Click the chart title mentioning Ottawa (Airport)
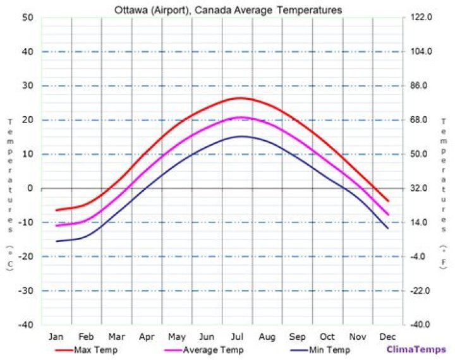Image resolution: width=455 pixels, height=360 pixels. [x=228, y=10]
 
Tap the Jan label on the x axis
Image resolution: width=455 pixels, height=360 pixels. [x=56, y=336]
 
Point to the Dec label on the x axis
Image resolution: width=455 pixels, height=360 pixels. [x=387, y=336]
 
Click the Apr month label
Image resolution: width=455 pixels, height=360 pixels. [x=147, y=336]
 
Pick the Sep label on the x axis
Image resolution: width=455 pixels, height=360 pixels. [x=297, y=336]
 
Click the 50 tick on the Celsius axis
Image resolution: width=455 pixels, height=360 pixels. [x=27, y=18]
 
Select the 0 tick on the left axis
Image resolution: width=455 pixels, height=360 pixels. [x=29, y=188]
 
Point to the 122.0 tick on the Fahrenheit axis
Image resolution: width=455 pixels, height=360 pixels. [x=422, y=18]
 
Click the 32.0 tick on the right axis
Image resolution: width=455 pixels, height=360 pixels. [x=422, y=188]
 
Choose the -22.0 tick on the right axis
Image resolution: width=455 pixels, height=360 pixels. [x=422, y=291]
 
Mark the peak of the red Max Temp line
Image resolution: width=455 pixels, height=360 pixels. [x=241, y=98]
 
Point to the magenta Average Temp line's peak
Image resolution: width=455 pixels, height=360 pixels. [x=241, y=117]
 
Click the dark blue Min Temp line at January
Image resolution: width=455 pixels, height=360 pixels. [x=56, y=241]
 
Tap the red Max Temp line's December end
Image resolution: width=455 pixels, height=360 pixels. [x=387, y=201]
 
